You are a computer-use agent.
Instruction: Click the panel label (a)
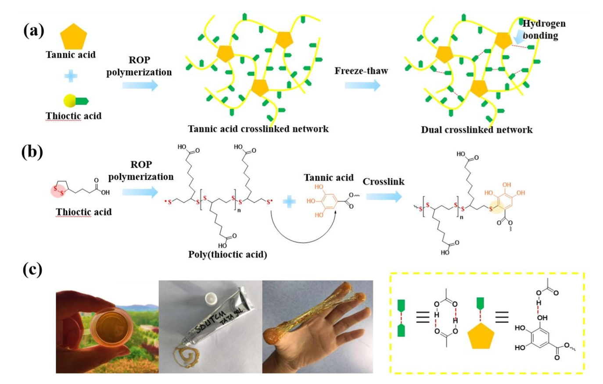[33, 31]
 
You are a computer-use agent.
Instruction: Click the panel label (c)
[32, 269]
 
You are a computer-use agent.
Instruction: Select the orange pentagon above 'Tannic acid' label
[73, 37]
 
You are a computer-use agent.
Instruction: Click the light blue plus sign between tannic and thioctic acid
[71, 76]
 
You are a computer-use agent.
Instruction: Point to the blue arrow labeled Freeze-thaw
[362, 85]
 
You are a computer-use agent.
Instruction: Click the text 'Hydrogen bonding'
[543, 29]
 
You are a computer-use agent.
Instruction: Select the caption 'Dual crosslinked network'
[477, 129]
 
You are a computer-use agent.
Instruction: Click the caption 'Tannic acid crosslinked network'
[258, 129]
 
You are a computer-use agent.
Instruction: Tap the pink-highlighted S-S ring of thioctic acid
[58, 190]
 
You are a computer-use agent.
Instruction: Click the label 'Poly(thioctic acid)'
[227, 254]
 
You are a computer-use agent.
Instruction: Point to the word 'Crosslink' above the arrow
[384, 182]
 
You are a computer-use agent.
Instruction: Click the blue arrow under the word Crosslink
[384, 196]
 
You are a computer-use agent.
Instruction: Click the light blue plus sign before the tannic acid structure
[289, 202]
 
